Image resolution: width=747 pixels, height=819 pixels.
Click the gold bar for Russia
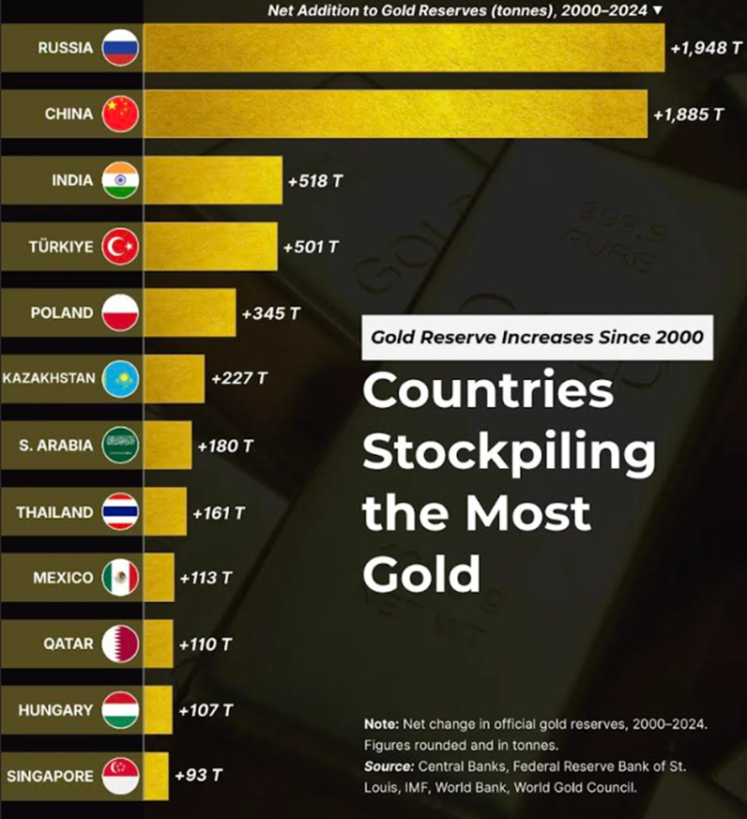pos(404,47)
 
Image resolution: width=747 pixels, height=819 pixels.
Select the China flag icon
pos(120,114)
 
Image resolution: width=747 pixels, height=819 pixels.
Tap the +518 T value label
pos(314,180)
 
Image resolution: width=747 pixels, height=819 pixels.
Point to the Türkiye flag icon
pos(120,247)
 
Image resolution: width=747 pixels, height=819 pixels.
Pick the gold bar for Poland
pos(190,313)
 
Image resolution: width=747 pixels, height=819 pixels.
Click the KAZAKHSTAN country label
pos(49,379)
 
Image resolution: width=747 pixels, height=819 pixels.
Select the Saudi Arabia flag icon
pos(120,446)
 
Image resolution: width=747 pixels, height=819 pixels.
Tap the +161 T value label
pos(218,513)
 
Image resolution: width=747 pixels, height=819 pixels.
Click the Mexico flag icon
pos(120,578)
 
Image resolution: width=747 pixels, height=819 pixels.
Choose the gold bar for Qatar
pos(159,645)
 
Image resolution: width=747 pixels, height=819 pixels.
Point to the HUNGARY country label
pos(55,710)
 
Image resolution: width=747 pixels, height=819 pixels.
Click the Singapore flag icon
pos(120,776)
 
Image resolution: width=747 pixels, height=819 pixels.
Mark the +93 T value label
pos(198,776)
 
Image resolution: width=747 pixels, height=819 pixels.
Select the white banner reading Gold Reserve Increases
pos(537,337)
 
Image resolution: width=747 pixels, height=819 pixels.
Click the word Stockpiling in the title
pos(509,452)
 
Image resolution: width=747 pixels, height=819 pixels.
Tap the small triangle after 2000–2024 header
pos(657,9)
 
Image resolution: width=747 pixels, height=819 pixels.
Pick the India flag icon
pos(120,180)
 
